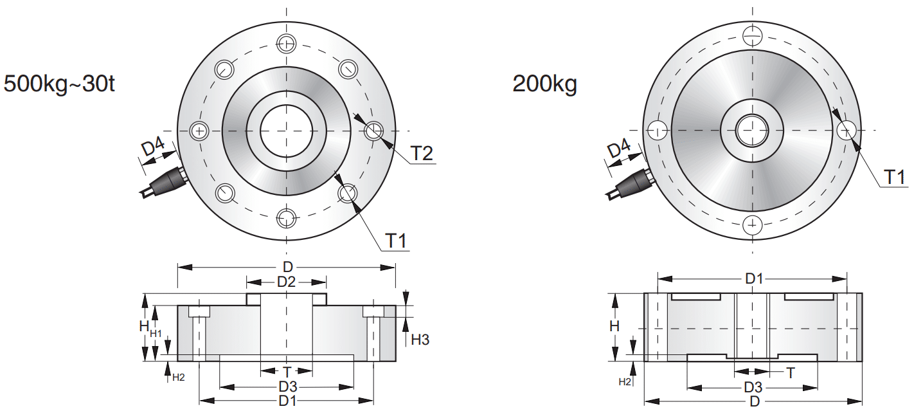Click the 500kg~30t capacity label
(x=59, y=84)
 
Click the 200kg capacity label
(x=544, y=84)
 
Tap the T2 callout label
(x=422, y=154)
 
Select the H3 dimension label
(x=420, y=340)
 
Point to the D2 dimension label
(x=286, y=282)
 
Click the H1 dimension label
(x=156, y=333)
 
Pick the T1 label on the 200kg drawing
(x=897, y=177)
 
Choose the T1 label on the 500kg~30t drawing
(x=397, y=241)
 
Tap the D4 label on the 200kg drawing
(x=618, y=151)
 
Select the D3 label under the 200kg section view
(x=753, y=388)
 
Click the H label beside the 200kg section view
(x=614, y=326)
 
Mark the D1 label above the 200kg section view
(x=753, y=279)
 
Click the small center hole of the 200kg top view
(x=752, y=130)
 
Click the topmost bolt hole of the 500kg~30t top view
(x=286, y=44)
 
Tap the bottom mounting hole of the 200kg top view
(x=752, y=225)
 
